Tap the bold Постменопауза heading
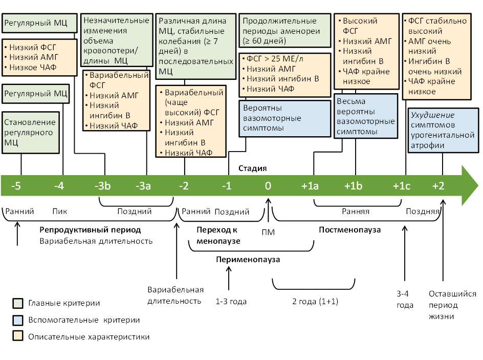pyautogui.click(x=350, y=229)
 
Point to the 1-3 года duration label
pyautogui.click(x=231, y=301)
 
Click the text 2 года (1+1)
pyautogui.click(x=315, y=301)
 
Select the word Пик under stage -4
pyautogui.click(x=59, y=211)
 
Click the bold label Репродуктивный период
pyautogui.click(x=90, y=229)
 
